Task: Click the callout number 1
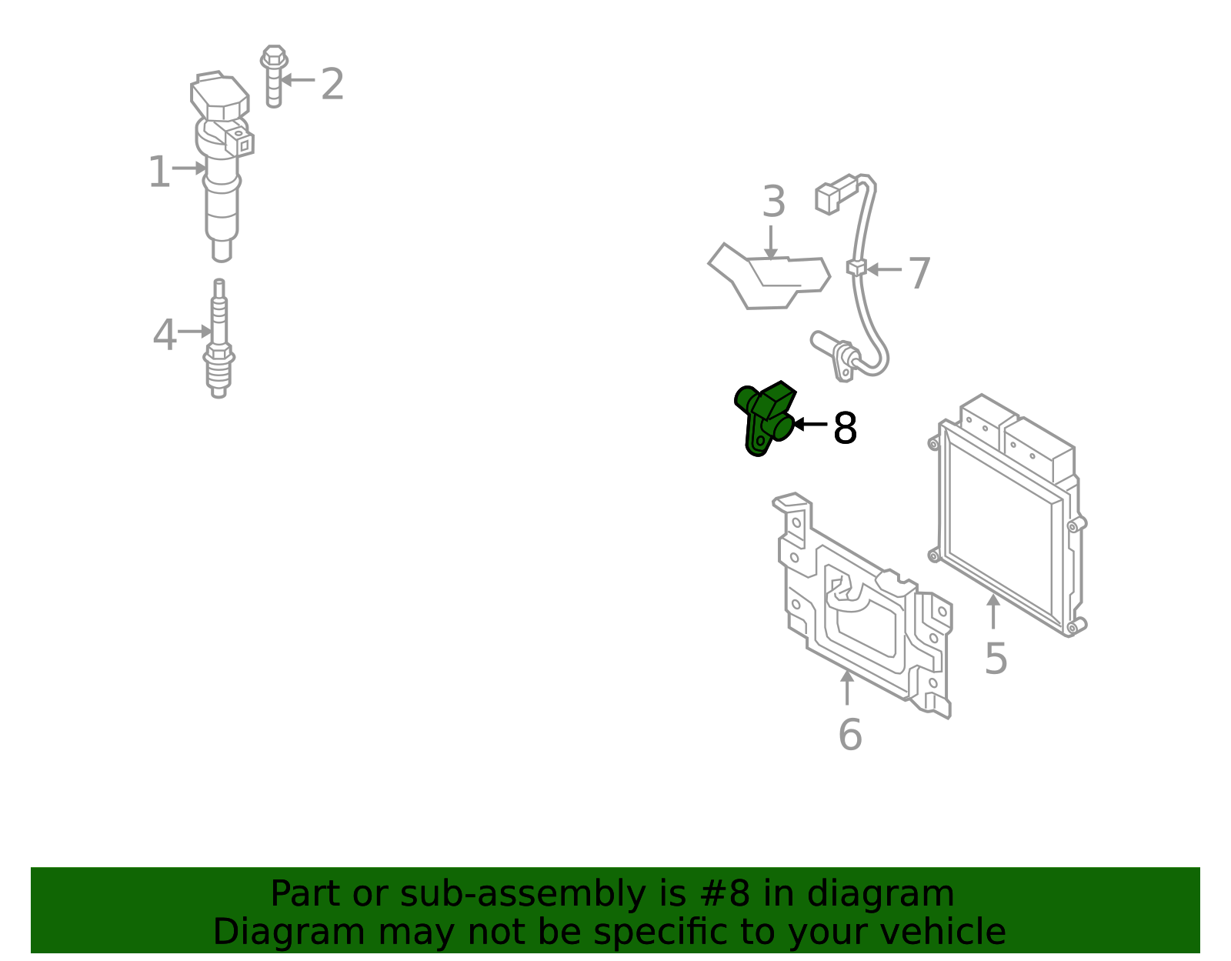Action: coord(159,172)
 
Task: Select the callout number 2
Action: coord(332,85)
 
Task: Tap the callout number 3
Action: coord(774,201)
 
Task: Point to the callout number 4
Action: coord(165,334)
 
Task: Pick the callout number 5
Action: coord(996,659)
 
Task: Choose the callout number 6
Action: coord(849,735)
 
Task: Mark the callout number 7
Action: coord(919,273)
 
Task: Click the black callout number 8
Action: coord(846,428)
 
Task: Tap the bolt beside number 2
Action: coord(274,76)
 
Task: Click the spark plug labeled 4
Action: coord(219,339)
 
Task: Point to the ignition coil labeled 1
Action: coord(221,166)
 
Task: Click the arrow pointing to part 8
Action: coord(810,424)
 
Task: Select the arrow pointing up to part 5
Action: coord(993,611)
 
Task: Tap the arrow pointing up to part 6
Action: coord(847,688)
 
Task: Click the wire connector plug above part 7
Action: coord(835,194)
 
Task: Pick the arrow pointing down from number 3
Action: coord(770,242)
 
